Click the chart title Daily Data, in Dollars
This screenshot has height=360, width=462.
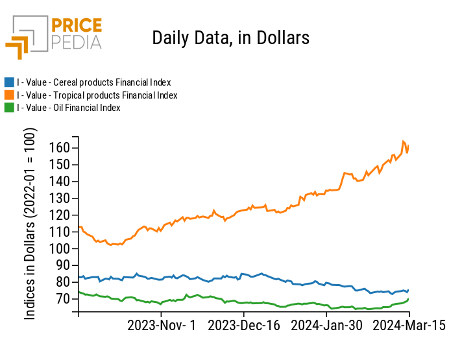click(x=230, y=38)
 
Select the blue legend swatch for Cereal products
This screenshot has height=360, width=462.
click(x=9, y=82)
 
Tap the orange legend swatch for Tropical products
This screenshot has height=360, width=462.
click(x=9, y=95)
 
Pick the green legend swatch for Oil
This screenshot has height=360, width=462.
click(x=9, y=108)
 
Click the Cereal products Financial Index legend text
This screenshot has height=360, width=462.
click(x=93, y=82)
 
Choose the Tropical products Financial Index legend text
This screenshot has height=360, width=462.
click(x=97, y=95)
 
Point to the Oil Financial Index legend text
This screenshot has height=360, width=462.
click(x=69, y=108)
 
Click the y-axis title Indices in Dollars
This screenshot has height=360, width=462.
click(x=30, y=223)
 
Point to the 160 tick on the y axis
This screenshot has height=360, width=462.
click(x=60, y=148)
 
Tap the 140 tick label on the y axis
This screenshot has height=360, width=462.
click(x=60, y=182)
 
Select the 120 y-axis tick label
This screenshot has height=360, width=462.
click(x=60, y=215)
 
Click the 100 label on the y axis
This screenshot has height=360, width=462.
click(x=60, y=249)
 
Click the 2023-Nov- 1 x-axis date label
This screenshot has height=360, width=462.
click(x=160, y=326)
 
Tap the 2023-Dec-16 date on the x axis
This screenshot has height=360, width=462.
click(x=244, y=326)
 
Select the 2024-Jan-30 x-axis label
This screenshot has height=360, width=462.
click(x=326, y=326)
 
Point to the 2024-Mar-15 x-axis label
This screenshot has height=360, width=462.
click(x=409, y=326)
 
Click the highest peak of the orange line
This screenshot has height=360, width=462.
click(x=404, y=141)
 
